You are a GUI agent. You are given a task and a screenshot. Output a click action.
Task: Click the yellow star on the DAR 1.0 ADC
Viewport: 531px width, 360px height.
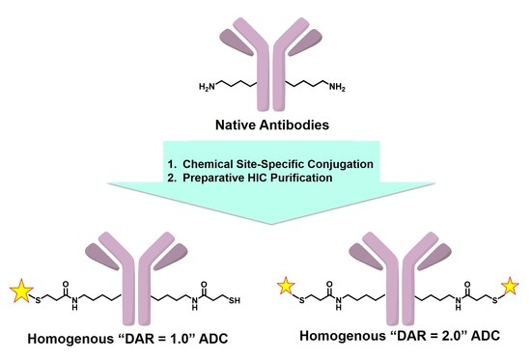[x=20, y=287]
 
